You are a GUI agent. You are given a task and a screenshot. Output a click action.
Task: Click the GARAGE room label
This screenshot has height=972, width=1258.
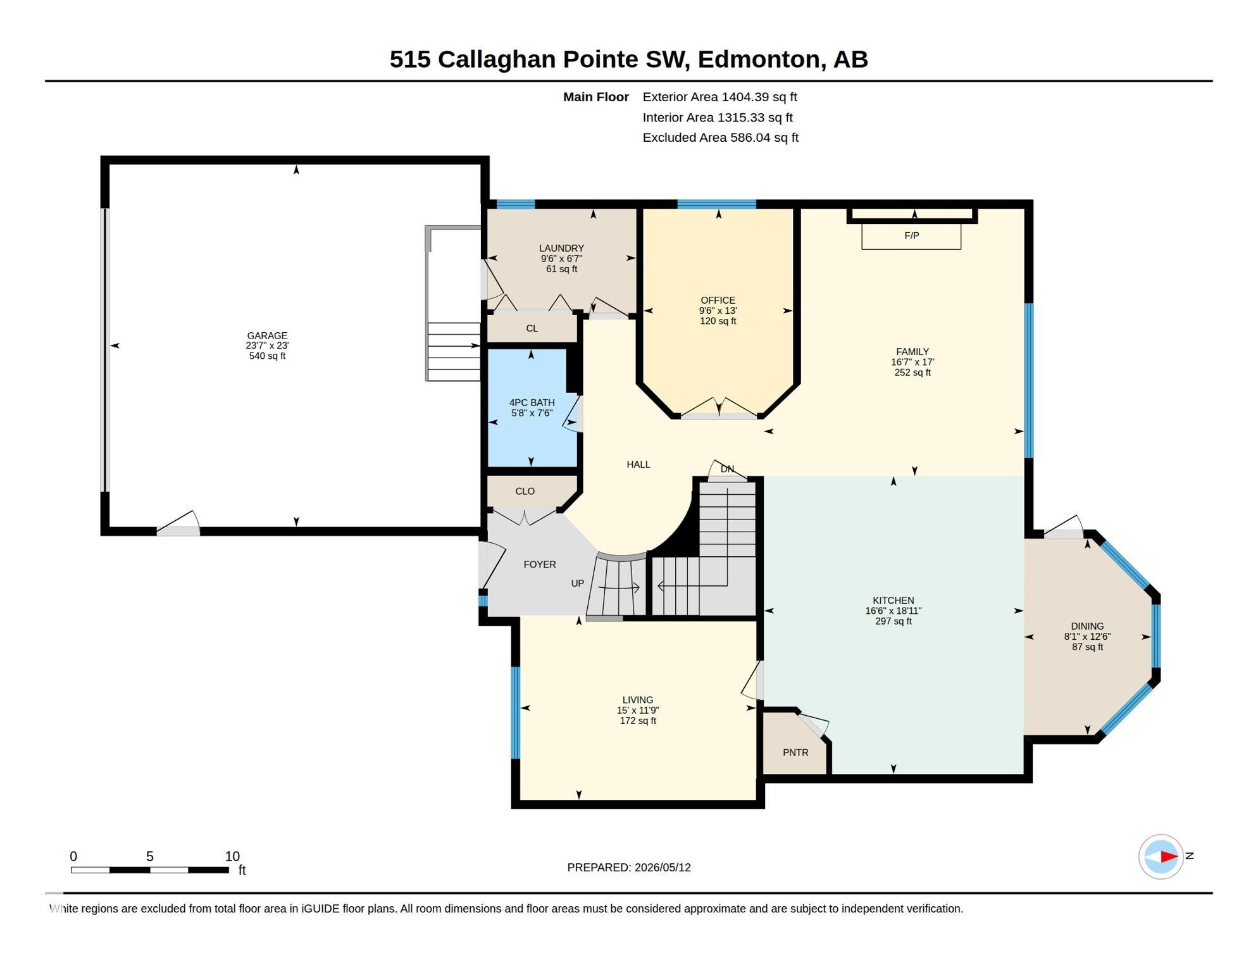267,335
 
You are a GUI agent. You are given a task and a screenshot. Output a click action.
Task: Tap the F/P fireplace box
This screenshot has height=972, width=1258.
911,236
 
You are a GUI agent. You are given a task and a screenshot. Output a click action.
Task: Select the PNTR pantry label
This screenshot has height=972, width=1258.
795,752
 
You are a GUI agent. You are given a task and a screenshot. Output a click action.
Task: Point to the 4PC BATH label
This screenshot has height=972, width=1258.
532,402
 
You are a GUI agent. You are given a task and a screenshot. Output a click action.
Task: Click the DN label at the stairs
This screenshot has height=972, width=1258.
727,469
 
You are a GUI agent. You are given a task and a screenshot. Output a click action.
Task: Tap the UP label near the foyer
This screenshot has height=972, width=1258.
578,583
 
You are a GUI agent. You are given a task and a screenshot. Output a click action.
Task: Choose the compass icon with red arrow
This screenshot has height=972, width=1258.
1161,857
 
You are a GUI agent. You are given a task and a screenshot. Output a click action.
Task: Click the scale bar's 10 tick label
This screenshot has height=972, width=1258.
232,856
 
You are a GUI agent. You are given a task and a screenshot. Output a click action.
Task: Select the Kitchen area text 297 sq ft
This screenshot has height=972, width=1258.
894,621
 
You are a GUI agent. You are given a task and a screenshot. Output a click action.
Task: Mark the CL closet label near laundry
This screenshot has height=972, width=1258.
532,328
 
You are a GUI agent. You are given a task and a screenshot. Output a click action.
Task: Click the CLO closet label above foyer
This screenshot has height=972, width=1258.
525,491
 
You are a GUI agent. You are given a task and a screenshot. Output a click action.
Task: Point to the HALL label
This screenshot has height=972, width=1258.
638,464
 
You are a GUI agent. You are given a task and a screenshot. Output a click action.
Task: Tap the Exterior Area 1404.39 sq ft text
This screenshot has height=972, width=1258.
719,97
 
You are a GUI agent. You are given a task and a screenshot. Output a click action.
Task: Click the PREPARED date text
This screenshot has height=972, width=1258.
629,868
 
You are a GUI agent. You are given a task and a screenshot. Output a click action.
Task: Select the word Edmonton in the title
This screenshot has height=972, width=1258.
759,59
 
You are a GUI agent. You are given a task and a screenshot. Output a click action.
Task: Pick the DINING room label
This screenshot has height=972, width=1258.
1087,626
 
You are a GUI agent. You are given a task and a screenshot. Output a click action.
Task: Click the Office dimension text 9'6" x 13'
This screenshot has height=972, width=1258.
718,311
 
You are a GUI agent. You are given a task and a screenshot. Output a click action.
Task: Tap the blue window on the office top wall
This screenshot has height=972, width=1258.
717,204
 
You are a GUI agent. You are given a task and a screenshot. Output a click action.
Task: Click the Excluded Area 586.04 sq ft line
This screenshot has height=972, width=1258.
720,137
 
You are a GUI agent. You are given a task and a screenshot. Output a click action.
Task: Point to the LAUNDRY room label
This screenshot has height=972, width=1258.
561,248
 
